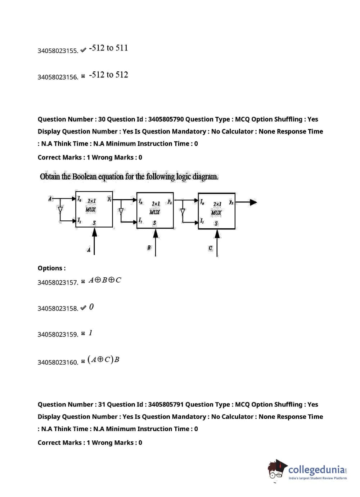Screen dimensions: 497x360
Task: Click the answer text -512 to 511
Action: click(108, 48)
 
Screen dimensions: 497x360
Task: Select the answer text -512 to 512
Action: click(108, 75)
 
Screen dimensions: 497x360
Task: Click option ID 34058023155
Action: click(58, 51)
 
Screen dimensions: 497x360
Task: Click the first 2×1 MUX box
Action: click(94, 209)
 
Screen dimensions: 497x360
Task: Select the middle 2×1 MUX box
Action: click(155, 210)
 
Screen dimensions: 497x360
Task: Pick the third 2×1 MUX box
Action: click(216, 211)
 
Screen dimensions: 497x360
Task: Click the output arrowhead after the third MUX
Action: click(253, 202)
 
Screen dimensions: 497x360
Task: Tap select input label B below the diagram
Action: click(149, 247)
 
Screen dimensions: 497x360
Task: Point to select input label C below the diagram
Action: click(210, 248)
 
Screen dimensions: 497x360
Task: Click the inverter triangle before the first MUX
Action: click(60, 210)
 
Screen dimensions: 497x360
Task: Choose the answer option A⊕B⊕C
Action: click(105, 280)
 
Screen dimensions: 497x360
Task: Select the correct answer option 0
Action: click(91, 307)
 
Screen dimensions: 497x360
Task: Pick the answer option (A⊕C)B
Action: click(103, 360)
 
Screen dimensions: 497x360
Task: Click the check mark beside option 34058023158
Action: click(83, 308)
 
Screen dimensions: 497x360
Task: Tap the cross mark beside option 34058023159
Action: click(83, 334)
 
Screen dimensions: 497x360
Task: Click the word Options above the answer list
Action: click(51, 268)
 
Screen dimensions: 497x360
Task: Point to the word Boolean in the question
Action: click(84, 177)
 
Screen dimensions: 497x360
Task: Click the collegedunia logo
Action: click(308, 470)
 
